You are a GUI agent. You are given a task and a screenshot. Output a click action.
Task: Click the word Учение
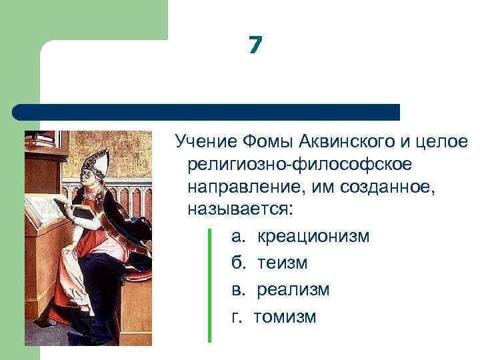click(205, 141)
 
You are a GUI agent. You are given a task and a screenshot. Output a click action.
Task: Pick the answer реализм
click(293, 289)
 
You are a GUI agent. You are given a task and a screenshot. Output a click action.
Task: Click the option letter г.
click(235, 316)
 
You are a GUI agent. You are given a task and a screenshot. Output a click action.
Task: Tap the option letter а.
click(237, 237)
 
